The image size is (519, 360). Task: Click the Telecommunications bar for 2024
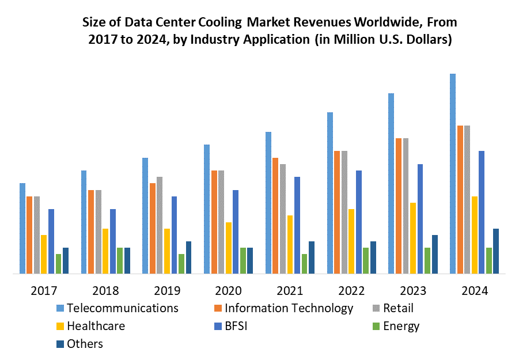(x=453, y=173)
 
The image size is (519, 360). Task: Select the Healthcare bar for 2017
(x=44, y=254)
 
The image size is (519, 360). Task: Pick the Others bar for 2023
(x=435, y=254)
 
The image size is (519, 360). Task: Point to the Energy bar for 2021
(x=304, y=263)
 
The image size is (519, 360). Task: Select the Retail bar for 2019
(x=160, y=225)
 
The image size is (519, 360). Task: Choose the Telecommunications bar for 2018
(x=84, y=222)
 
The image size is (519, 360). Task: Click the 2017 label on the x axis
(x=44, y=291)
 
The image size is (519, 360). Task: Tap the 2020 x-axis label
(x=228, y=291)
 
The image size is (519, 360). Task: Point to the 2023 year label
(x=413, y=291)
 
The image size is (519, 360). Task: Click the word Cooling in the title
(x=219, y=22)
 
